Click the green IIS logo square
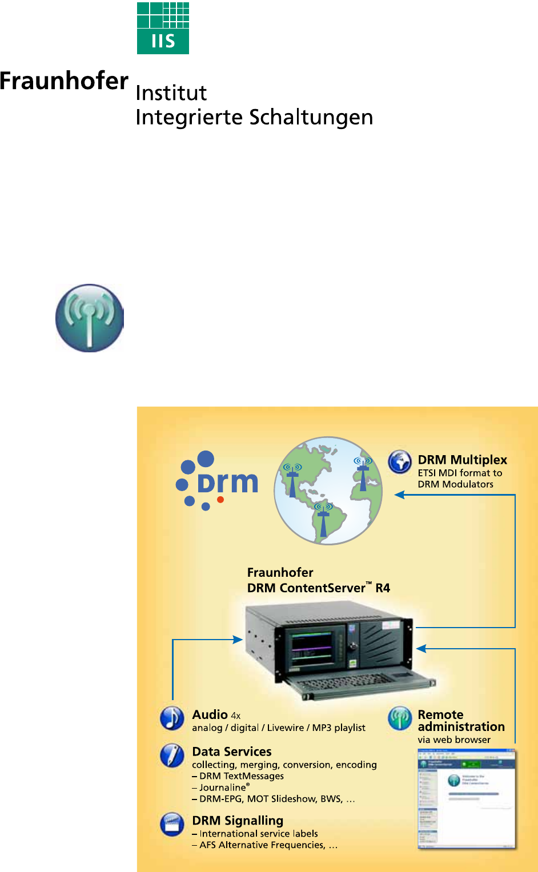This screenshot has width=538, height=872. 163,28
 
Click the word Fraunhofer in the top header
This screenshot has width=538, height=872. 64,81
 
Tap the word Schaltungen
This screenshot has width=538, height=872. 311,118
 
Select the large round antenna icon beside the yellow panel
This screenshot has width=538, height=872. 90,318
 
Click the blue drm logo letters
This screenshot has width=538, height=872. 228,483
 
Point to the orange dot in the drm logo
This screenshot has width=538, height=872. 220,499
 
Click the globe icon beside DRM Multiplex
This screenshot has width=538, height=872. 400,462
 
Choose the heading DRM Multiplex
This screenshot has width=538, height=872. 462,460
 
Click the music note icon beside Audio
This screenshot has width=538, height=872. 172,718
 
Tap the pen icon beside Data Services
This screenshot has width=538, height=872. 172,756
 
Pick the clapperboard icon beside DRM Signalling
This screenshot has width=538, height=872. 172,825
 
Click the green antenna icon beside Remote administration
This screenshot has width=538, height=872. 400,718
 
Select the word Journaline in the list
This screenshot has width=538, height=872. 222,787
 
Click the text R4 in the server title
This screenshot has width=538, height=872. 383,588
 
